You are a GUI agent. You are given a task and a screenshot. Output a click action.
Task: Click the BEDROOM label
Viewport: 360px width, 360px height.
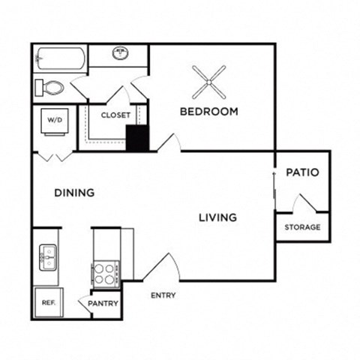point(208,112)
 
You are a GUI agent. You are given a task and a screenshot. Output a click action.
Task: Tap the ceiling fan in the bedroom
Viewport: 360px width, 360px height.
point(208,83)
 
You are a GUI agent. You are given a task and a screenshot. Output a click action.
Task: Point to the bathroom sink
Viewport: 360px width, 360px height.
point(120,53)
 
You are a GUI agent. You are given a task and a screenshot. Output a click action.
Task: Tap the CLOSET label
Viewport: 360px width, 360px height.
point(115,115)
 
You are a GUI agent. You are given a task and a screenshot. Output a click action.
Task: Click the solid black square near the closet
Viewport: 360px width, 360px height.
point(136,139)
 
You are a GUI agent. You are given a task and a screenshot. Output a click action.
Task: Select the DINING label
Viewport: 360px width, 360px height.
point(74,193)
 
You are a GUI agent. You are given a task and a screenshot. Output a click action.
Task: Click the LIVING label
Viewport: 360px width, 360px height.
point(217,217)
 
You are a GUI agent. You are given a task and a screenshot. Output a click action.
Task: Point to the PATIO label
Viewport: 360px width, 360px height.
point(302,172)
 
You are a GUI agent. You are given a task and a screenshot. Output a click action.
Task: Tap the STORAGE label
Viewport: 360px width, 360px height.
point(302,227)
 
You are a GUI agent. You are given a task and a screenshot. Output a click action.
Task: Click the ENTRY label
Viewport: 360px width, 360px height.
point(163,295)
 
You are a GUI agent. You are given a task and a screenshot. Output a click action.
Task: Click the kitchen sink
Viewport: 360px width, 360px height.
point(47,257)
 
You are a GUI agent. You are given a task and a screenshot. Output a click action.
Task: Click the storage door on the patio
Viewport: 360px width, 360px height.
point(307,203)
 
